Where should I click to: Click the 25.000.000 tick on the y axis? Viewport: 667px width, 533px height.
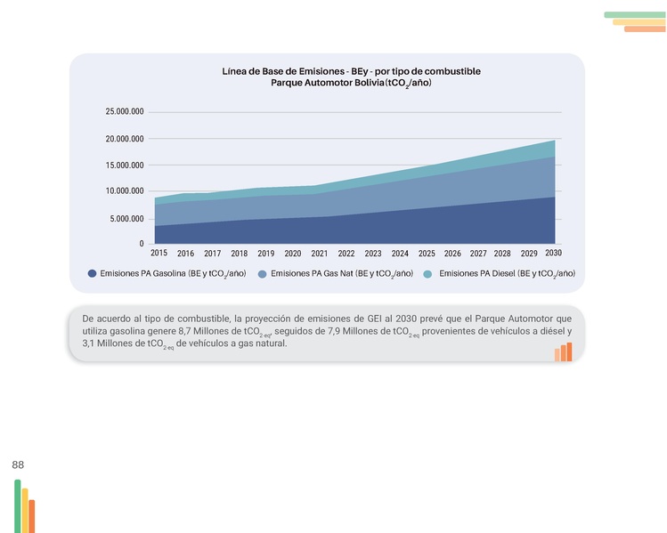[125, 112]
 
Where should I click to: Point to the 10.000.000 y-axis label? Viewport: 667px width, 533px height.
[125, 191]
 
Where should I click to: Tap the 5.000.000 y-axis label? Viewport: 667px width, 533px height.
[127, 218]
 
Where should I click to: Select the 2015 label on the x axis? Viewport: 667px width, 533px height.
[159, 254]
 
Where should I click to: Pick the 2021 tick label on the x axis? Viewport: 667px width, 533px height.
[320, 254]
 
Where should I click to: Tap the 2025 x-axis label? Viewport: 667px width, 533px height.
[427, 254]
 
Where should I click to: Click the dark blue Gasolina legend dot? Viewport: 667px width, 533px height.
[92, 274]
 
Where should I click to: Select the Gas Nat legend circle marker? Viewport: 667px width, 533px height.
[262, 274]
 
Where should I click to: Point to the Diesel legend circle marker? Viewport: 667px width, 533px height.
[427, 274]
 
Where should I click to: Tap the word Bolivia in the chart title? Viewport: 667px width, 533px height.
[359, 83]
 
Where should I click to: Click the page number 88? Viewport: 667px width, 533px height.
[18, 464]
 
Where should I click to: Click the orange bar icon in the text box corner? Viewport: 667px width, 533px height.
[563, 352]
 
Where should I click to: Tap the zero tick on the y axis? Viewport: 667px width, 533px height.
[140, 244]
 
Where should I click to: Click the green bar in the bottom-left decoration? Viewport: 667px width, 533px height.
[17, 505]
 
